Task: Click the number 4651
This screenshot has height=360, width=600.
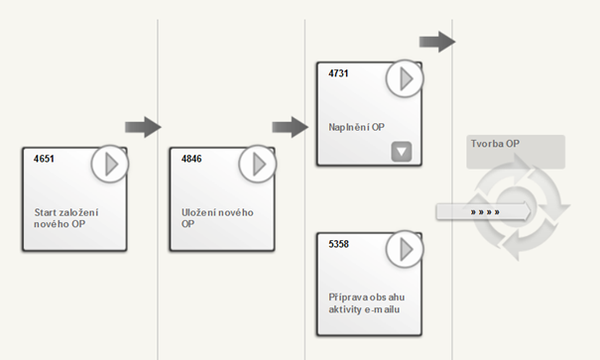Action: click(44, 159)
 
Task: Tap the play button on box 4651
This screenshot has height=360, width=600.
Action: click(110, 164)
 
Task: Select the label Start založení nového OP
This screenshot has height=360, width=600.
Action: click(66, 218)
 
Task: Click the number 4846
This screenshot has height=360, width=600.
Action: click(191, 159)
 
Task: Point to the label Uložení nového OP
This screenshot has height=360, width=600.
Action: click(217, 218)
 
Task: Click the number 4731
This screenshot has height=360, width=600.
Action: click(338, 73)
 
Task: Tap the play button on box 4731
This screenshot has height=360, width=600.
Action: click(405, 78)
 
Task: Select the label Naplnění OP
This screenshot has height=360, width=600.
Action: click(356, 127)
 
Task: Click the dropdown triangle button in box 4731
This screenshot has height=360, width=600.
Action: click(402, 152)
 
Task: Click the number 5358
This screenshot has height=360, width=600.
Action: click(338, 244)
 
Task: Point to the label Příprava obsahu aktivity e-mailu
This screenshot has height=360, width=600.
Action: click(367, 303)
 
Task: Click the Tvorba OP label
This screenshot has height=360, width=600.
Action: click(495, 144)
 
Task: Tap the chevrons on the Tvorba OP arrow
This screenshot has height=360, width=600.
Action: click(485, 212)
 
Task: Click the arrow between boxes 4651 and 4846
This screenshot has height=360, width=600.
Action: click(143, 127)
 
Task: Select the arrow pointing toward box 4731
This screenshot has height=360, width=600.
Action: click(290, 127)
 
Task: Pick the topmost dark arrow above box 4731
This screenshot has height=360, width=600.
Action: click(437, 42)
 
